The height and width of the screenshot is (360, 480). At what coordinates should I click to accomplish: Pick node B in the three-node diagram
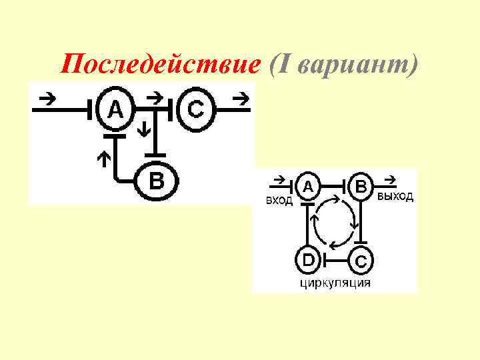(x=155, y=180)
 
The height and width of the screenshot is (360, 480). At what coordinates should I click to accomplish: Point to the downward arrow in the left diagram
(x=144, y=128)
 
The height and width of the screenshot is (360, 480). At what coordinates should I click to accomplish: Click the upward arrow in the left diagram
(x=103, y=159)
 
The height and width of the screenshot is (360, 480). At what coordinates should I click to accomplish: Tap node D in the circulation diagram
(x=308, y=258)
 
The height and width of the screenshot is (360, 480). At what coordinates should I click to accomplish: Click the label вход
(x=279, y=201)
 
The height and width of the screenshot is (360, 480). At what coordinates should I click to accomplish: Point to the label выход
(x=395, y=197)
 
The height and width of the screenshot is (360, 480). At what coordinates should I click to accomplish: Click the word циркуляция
(x=335, y=283)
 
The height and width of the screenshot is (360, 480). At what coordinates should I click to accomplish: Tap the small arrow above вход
(x=279, y=180)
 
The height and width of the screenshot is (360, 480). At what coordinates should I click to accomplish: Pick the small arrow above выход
(x=391, y=179)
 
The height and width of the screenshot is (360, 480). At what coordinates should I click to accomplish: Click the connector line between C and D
(x=333, y=258)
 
